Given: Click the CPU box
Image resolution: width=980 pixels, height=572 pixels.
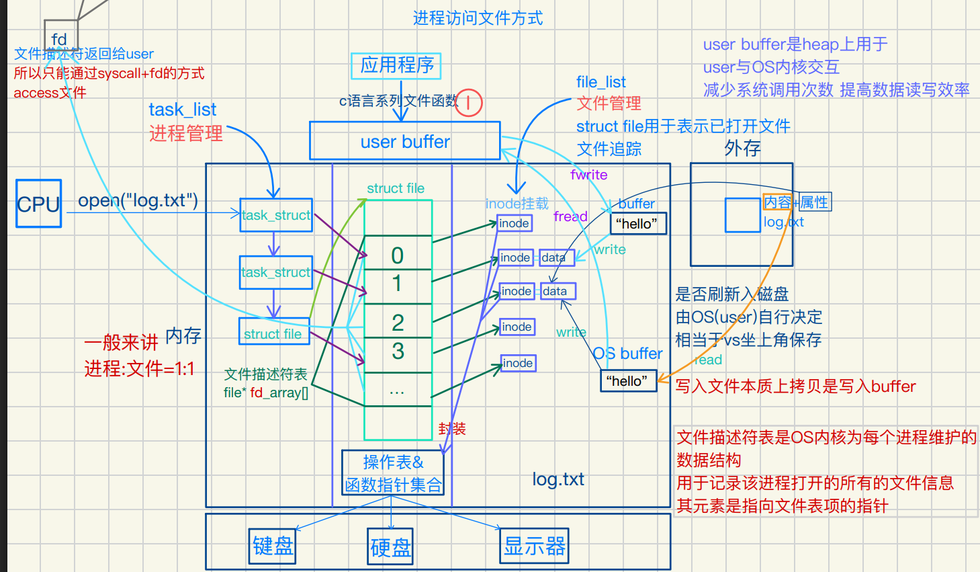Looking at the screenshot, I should pos(39,204).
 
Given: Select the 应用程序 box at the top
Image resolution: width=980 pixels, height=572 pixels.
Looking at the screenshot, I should pos(396,66).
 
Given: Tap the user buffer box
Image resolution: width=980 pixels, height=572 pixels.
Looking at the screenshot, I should pos(404,141).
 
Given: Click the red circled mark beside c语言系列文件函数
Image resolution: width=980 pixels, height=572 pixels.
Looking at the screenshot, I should pos(468,103).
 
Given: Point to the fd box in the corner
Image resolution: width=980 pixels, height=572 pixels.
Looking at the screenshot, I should pos(60,38).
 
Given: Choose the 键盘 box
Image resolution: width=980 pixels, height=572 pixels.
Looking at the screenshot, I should pos(273,545).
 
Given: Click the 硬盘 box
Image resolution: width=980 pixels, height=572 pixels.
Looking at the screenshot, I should pos(390,546).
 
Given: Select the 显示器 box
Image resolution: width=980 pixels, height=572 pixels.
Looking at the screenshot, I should pos(535,545).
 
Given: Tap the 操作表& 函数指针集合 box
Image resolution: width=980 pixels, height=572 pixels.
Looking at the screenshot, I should pos(393,473).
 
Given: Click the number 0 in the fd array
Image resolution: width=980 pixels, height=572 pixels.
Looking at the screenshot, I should pos(398,255).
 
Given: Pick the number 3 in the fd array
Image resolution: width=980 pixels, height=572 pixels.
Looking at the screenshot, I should pos(398,351).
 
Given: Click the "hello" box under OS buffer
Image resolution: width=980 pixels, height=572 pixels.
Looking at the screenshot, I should pos(627,381).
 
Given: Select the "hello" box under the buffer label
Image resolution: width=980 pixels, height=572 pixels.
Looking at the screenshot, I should pos(637,224).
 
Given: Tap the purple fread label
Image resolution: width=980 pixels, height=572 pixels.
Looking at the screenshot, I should pos(570,216).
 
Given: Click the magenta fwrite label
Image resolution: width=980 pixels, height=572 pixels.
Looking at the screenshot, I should pos(588,175).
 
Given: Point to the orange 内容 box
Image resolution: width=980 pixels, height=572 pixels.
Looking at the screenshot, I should pos(778,202).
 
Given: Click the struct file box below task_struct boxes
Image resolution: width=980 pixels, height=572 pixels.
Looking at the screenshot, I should pos(273,333).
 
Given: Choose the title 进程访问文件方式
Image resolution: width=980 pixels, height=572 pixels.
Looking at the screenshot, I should pos(478,18).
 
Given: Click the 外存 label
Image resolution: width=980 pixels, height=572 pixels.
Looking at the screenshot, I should pos(742,149).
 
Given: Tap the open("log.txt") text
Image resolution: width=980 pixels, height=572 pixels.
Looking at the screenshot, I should pos(138,200).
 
